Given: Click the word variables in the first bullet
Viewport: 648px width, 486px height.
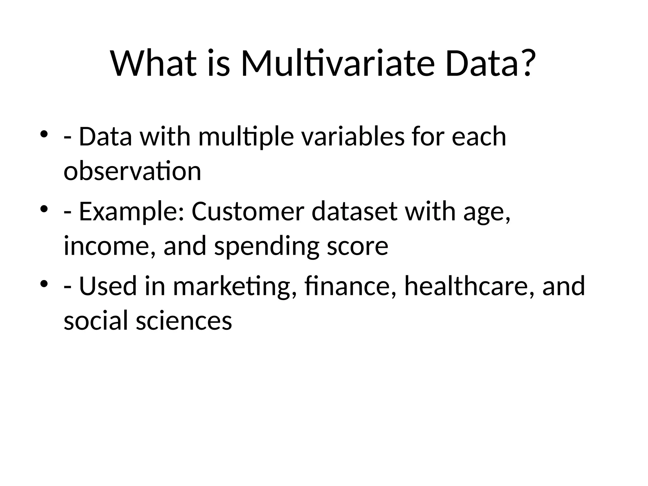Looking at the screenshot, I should tap(352, 137).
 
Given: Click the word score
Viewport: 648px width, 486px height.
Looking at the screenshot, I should tap(357, 246).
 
